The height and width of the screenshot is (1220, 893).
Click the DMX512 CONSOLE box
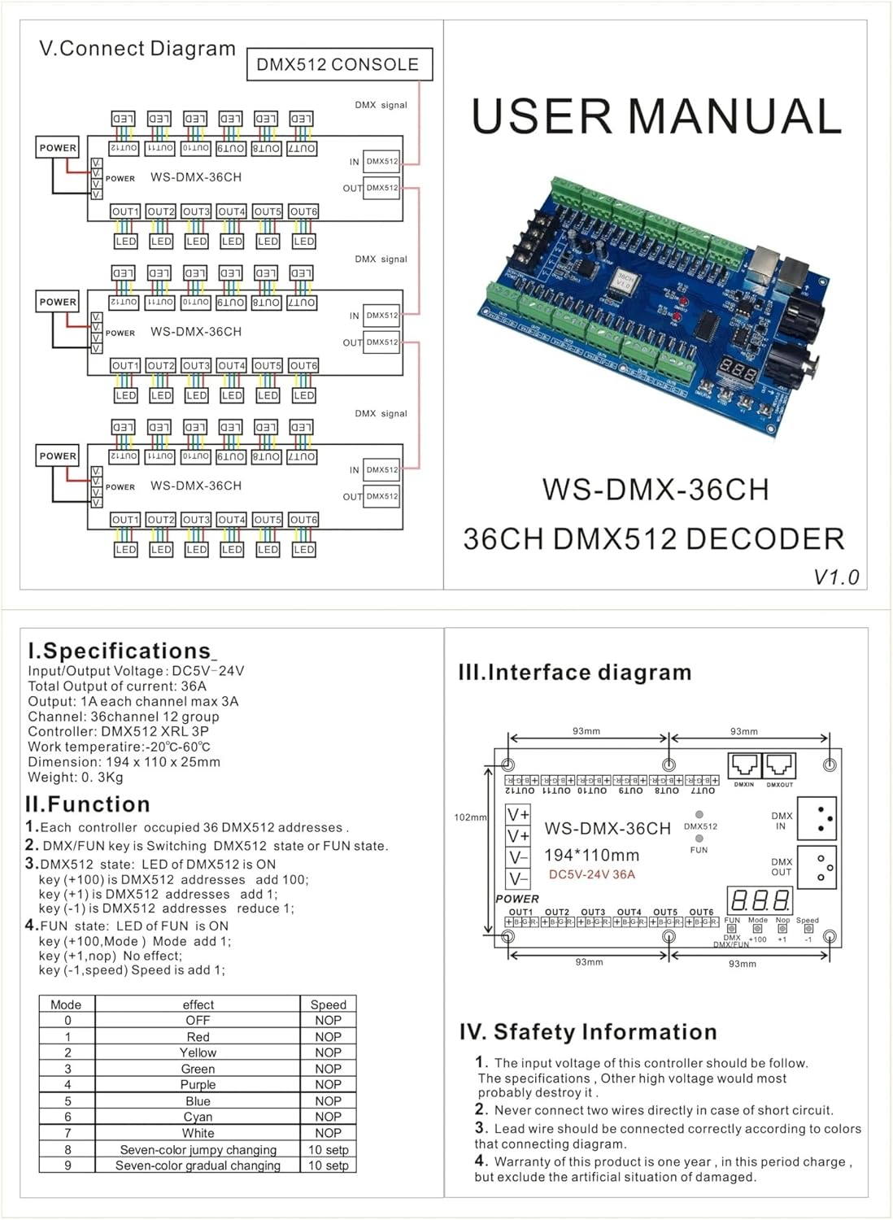[338, 64]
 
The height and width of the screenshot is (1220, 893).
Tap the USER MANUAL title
[656, 116]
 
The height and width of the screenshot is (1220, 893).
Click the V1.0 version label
[836, 577]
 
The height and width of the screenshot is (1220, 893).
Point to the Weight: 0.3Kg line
[76, 777]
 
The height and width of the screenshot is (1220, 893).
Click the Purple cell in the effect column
[198, 1084]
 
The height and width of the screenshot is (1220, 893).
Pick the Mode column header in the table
[66, 1004]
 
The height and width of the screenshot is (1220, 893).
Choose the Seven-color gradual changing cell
[198, 1165]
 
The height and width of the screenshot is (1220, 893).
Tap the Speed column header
[328, 1004]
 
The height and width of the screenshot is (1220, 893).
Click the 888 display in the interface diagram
[760, 900]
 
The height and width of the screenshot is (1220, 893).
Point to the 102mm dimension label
[470, 817]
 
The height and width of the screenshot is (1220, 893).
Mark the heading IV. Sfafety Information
[587, 1032]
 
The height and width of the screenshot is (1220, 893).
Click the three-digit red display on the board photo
[738, 370]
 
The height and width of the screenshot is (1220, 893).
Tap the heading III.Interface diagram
[575, 673]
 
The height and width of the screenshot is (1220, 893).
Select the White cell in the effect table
[198, 1133]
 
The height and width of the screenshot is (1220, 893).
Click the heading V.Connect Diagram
[137, 48]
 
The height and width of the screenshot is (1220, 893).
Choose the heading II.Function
[88, 804]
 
